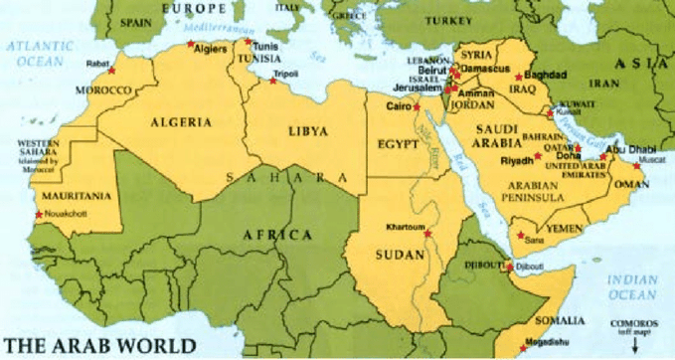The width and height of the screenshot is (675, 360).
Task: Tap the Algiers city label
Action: [212, 46]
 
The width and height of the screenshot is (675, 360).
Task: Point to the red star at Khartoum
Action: [427, 234]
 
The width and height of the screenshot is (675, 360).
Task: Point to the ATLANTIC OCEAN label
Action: [35, 51]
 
